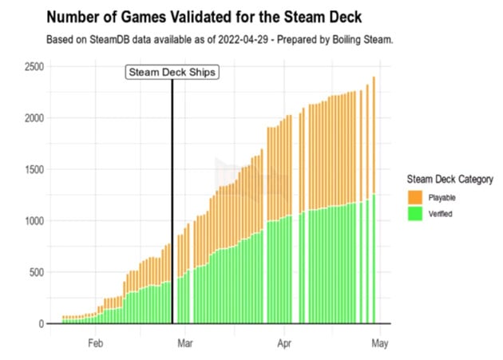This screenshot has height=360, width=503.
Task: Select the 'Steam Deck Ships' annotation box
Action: click(172, 72)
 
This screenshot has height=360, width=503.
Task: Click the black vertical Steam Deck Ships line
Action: click(172, 200)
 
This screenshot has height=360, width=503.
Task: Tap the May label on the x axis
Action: click(380, 345)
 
